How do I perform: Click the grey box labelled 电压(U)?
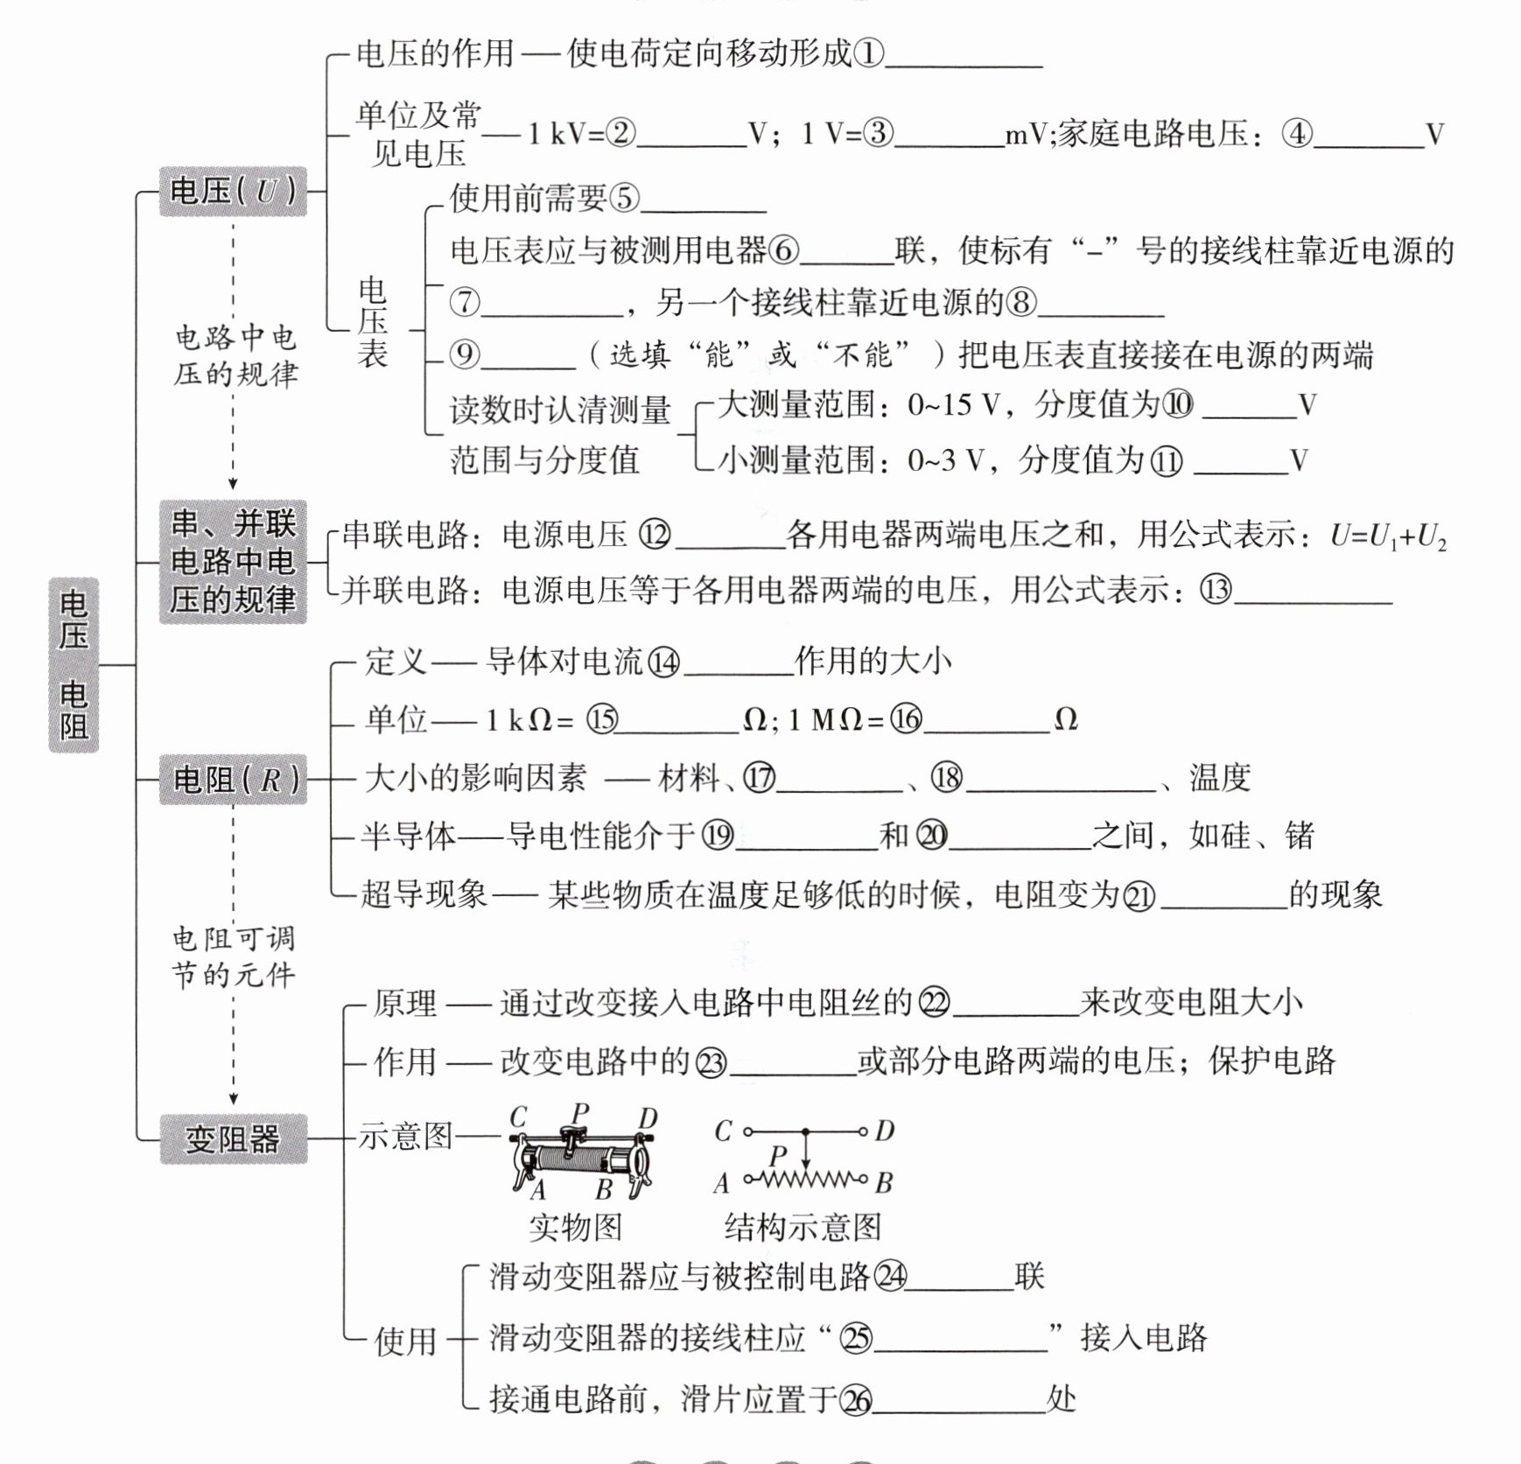tap(233, 191)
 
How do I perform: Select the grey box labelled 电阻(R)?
tap(233, 779)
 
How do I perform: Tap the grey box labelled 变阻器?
tap(233, 1138)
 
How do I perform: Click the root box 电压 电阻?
tap(74, 665)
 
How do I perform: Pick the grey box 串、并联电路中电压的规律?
tap(233, 562)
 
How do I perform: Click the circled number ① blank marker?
tap(868, 54)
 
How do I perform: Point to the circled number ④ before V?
tap(1297, 134)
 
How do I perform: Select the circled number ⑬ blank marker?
tap(1215, 590)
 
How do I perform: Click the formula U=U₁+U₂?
tap(1388, 536)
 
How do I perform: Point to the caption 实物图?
tap(575, 1227)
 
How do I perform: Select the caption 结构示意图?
tap(803, 1227)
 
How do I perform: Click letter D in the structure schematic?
tap(885, 1131)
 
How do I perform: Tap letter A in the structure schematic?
tap(721, 1184)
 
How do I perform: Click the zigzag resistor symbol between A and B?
tap(805, 1180)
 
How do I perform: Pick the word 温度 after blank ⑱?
tap(1220, 777)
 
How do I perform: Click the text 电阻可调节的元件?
tap(234, 956)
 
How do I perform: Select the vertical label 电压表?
tap(372, 322)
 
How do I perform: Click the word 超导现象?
tap(424, 893)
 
